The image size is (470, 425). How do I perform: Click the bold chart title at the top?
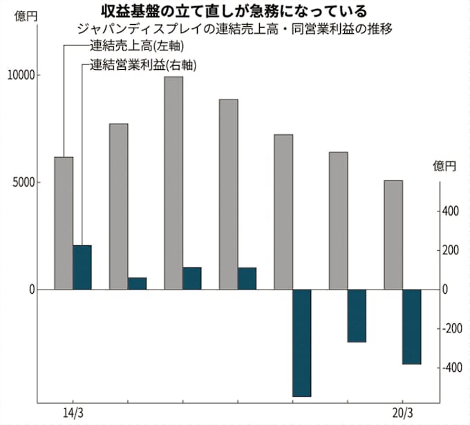point(235,10)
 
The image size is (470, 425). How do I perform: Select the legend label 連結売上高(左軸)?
point(139,47)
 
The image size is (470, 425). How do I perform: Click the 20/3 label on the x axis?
point(402,413)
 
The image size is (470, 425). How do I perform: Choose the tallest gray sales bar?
point(173,182)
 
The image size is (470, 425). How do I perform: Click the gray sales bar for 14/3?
point(64,223)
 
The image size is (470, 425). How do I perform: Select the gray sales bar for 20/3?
point(393,235)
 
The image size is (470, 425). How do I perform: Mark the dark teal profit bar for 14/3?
point(82,267)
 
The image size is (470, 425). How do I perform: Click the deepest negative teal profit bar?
point(302,342)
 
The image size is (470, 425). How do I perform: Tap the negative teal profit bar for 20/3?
point(412,326)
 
